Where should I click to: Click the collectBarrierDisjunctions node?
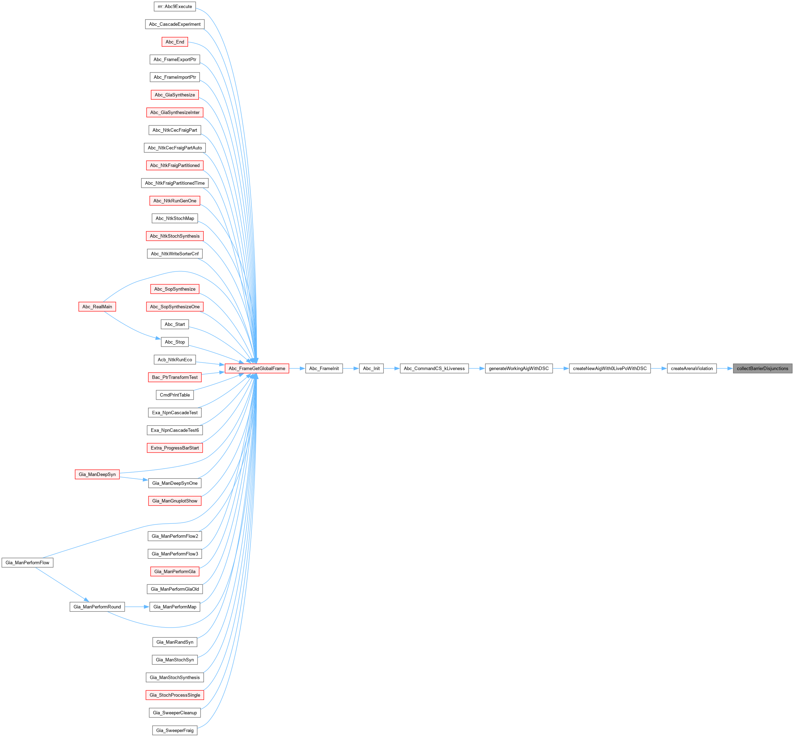[x=762, y=369]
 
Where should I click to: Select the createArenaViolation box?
[x=692, y=369]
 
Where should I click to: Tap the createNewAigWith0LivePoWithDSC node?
[x=609, y=369]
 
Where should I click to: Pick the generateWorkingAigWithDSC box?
[x=519, y=369]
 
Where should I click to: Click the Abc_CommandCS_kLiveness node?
[x=434, y=369]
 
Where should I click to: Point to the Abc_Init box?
[x=371, y=369]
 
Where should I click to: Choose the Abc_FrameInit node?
[x=324, y=369]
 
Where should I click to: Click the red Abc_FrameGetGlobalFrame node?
[x=257, y=369]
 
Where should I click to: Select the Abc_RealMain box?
[x=97, y=307]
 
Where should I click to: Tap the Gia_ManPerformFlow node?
[x=28, y=563]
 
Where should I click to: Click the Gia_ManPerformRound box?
[x=97, y=607]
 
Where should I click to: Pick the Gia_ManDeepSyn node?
[x=97, y=474]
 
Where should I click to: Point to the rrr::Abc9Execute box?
[x=174, y=6]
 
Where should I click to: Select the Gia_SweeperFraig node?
[x=174, y=730]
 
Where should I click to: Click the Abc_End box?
[x=174, y=42]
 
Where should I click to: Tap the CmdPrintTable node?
[x=174, y=395]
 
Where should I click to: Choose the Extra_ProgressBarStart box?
[x=174, y=448]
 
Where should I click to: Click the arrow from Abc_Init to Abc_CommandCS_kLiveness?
[x=391, y=369]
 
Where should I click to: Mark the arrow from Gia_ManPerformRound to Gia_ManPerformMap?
[x=137, y=607]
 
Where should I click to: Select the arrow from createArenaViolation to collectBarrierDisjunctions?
[x=724, y=369]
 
